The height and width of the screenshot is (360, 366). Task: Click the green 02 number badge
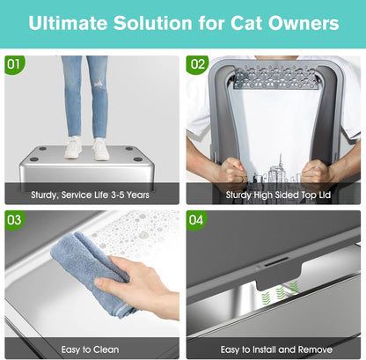pyautogui.click(x=197, y=64)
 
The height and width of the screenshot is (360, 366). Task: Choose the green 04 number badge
pyautogui.click(x=197, y=218)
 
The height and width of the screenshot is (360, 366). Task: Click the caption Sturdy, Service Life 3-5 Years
pyautogui.click(x=91, y=194)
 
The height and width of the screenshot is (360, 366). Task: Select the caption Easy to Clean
pyautogui.click(x=91, y=349)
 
